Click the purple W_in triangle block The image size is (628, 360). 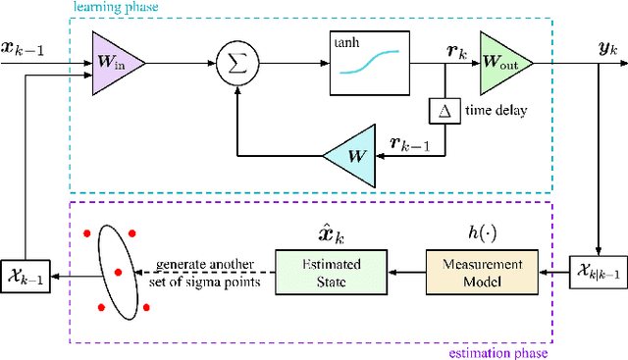115,62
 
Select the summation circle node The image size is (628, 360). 235,62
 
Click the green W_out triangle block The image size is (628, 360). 503,62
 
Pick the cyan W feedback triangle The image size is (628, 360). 348,154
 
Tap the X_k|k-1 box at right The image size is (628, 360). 597,272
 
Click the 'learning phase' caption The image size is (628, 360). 111,7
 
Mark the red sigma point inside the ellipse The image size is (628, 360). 118,272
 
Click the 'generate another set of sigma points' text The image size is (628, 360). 207,272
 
